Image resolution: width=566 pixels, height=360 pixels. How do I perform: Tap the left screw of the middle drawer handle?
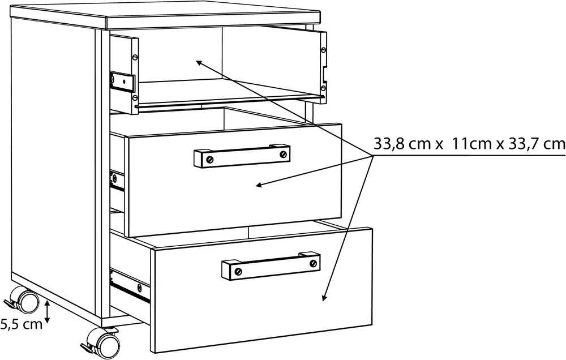pos(210,159)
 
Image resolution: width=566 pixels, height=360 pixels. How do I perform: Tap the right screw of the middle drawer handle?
pos(284,154)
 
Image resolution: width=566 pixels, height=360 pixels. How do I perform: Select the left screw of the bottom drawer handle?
pos(238,271)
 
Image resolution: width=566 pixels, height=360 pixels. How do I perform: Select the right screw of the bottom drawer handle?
pos(314,263)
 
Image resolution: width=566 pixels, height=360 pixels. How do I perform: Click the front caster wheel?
pos(107,341)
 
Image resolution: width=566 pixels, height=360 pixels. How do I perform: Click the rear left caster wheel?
pos(27,301)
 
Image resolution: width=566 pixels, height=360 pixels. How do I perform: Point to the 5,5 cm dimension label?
pos(21,324)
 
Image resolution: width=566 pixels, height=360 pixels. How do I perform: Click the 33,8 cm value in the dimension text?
pos(404,144)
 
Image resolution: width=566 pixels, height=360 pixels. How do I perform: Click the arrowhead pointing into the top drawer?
pos(199,63)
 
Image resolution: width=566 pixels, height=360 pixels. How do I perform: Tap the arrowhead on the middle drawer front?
pos(259,186)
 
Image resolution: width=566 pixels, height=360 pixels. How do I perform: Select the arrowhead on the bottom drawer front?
pos(324,297)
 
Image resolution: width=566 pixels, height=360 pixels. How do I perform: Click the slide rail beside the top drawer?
pos(123,82)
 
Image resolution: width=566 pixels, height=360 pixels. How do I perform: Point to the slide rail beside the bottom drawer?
pos(130,286)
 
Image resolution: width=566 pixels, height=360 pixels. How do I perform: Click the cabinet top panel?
pos(165,18)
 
